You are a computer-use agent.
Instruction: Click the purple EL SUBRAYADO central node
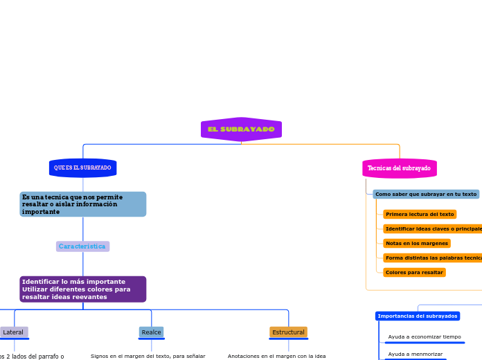[x=241, y=129]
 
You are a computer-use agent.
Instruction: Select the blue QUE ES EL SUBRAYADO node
[x=82, y=168]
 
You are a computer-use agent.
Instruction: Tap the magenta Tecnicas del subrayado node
[x=399, y=168]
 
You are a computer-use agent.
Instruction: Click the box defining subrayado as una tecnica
[x=82, y=204]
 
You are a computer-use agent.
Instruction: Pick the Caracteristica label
[x=82, y=246]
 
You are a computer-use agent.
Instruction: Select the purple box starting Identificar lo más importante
[x=82, y=289]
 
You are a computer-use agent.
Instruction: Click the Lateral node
[x=14, y=332]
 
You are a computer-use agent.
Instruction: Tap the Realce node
[x=151, y=332]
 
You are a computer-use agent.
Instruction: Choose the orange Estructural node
[x=288, y=332]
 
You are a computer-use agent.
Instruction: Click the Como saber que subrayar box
[x=426, y=195]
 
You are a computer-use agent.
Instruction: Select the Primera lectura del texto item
[x=420, y=215]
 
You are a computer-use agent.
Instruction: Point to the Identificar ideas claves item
[x=433, y=229]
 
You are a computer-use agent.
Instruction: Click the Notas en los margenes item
[x=417, y=244]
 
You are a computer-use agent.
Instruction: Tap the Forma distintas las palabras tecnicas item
[x=433, y=258]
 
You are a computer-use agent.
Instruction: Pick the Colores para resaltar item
[x=414, y=273]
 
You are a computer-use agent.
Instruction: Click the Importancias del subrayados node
[x=418, y=316]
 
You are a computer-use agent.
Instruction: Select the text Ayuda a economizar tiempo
[x=425, y=337]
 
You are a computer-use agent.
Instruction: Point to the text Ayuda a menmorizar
[x=416, y=354]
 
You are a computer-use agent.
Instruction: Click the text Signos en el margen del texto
[x=148, y=356]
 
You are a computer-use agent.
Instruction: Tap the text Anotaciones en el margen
[x=276, y=356]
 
